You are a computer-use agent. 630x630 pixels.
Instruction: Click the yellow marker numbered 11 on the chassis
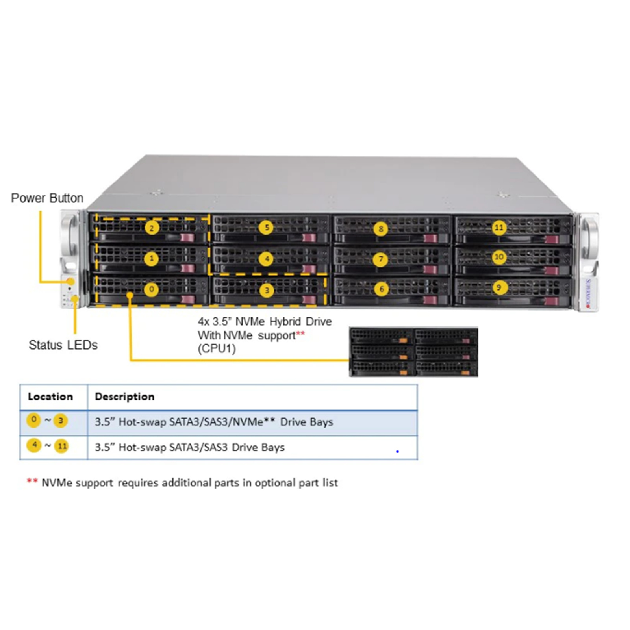tap(499, 228)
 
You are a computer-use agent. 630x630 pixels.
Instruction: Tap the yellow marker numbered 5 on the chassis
tap(267, 228)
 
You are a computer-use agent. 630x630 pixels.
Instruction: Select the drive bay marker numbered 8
tap(381, 229)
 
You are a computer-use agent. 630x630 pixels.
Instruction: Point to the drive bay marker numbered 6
tap(381, 289)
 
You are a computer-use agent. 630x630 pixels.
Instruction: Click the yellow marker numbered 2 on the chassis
tap(152, 228)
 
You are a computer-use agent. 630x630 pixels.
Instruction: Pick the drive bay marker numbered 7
tap(380, 259)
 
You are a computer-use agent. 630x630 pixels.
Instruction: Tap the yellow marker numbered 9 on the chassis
tap(499, 287)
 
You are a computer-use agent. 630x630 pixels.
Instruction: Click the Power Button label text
tap(47, 198)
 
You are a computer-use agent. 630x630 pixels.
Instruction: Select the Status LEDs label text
tap(63, 345)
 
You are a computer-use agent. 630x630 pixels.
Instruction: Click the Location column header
tap(50, 397)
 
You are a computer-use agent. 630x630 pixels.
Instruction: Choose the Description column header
tap(124, 397)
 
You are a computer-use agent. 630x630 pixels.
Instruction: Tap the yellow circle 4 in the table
tap(34, 445)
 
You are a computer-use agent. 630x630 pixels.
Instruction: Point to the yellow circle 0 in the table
tap(34, 420)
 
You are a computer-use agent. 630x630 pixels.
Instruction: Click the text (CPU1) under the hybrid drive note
tap(217, 349)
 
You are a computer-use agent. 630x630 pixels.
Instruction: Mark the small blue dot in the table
tap(397, 451)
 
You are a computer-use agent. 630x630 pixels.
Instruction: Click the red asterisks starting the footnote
tap(32, 481)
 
